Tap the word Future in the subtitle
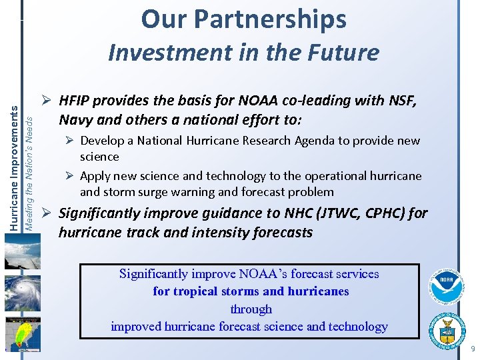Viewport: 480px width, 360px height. point(346,52)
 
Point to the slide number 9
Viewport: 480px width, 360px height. point(473,349)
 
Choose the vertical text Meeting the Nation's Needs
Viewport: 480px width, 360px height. point(29,170)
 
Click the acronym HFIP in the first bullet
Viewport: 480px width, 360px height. point(74,101)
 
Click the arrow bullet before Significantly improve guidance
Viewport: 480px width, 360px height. point(47,214)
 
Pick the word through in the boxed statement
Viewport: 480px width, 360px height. point(251,309)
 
